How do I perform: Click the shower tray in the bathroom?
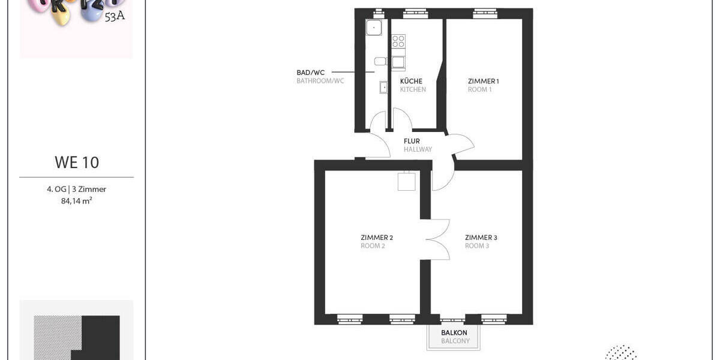374,27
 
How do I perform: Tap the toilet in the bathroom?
380,61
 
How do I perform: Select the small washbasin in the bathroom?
383,88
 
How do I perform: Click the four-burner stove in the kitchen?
398,41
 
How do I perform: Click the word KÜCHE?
411,81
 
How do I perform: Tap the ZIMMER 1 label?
484,81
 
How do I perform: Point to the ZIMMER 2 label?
377,238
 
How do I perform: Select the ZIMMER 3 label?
481,238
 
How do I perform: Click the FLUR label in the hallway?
412,142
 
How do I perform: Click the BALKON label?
454,332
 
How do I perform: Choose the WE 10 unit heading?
77,163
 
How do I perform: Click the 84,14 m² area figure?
77,201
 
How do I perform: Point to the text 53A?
115,17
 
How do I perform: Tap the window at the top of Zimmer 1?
485,13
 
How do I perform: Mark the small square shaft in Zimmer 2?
406,181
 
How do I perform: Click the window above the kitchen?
412,13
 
